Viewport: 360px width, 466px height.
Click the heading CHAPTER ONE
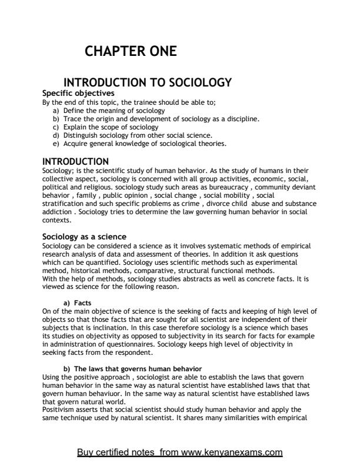pos(131,51)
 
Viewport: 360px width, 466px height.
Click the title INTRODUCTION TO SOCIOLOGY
pos(147,82)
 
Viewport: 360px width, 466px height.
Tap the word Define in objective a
pos(74,110)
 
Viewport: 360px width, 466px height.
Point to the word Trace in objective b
pos(72,118)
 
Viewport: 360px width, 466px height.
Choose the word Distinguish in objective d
pos(80,135)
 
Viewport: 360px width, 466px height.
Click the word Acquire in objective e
pos(75,143)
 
